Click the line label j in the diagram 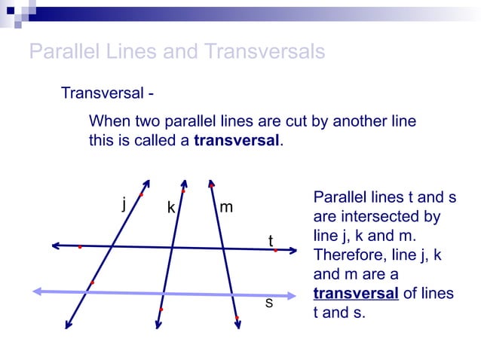123,203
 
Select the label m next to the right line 225,206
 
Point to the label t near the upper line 271,240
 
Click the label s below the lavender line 268,303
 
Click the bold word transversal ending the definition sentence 236,140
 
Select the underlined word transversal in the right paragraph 355,293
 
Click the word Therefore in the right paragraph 348,255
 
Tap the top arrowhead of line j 147,182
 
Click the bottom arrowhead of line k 158,325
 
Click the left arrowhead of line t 55,245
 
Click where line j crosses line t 112,246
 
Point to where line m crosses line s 232,294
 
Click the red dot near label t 276,250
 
